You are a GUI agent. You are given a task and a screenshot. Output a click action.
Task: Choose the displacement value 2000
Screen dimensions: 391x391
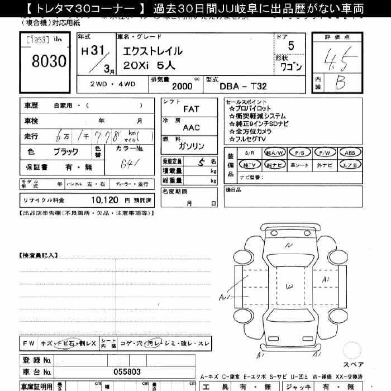[x=182, y=87]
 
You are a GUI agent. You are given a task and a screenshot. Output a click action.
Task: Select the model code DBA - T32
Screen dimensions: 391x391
[x=243, y=87]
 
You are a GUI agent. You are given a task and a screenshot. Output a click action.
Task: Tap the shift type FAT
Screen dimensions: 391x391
[x=191, y=109]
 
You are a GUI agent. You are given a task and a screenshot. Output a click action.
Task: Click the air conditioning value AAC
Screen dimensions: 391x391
[x=191, y=127]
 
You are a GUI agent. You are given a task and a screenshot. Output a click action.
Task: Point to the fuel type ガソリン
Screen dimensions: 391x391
[x=192, y=146]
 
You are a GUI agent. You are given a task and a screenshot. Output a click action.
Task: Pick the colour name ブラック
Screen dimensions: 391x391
[x=66, y=151]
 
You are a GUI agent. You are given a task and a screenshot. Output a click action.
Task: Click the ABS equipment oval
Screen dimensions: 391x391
[x=350, y=152]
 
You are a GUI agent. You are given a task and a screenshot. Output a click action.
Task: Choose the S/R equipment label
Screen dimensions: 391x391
[x=249, y=152]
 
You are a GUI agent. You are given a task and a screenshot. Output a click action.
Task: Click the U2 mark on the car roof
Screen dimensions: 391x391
[x=289, y=287]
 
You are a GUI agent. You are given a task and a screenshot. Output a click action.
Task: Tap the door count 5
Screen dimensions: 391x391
[x=290, y=46]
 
